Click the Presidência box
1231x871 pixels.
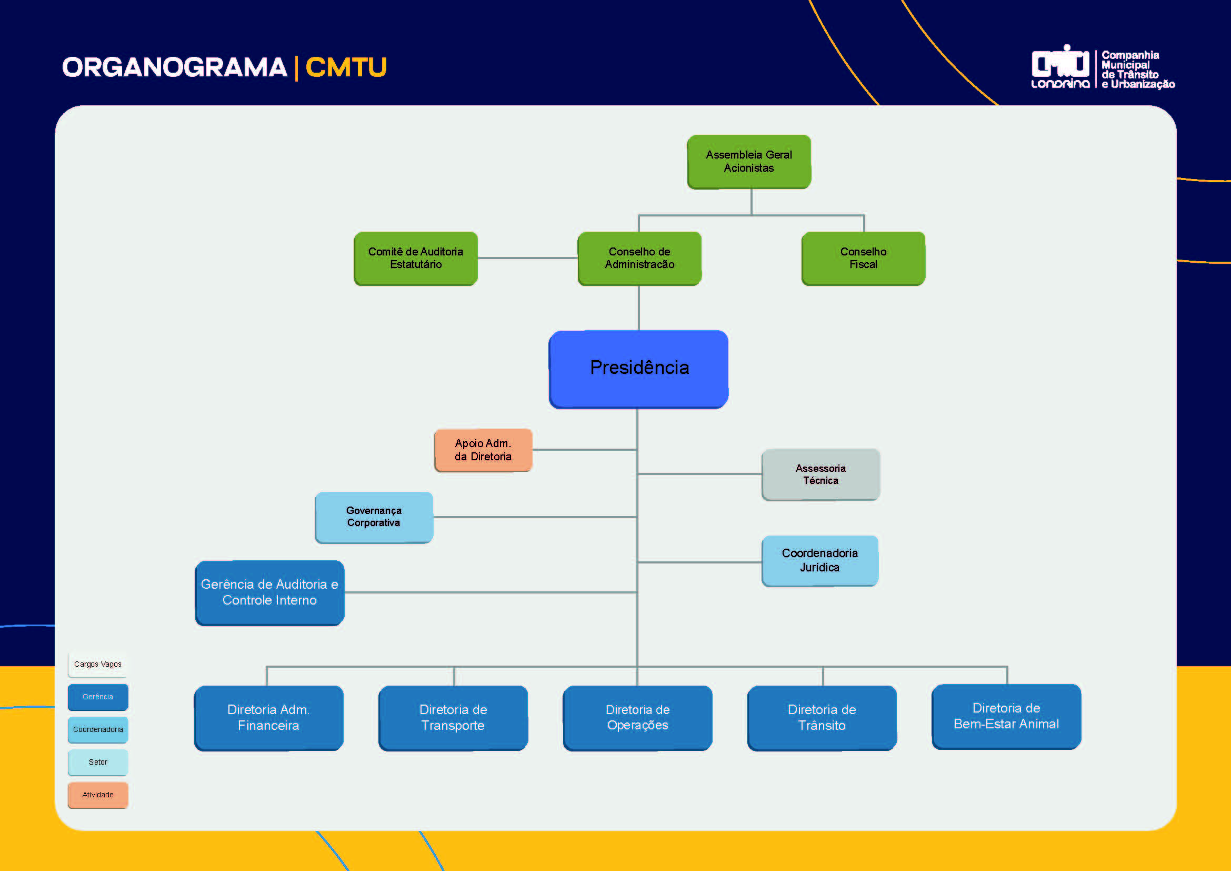click(638, 369)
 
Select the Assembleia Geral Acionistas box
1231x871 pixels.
click(749, 162)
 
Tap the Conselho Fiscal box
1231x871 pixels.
click(863, 258)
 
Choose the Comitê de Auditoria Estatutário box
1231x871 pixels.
click(416, 258)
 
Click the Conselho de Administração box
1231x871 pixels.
click(639, 258)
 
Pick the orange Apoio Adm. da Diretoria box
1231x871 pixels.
click(483, 450)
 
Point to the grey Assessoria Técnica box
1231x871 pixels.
click(820, 474)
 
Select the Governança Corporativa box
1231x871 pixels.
click(374, 517)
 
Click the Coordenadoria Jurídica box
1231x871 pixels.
click(820, 560)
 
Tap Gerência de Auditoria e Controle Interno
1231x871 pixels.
click(269, 592)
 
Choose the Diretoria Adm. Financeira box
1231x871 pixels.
click(268, 718)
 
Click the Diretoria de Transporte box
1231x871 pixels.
click(453, 718)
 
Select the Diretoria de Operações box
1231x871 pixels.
click(637, 718)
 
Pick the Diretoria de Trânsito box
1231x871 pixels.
click(822, 718)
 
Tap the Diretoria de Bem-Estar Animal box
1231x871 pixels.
click(1006, 716)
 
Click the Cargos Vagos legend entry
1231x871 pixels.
click(97, 665)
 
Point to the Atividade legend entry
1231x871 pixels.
click(97, 795)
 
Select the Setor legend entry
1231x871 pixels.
click(97, 762)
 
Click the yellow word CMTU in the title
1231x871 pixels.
click(346, 67)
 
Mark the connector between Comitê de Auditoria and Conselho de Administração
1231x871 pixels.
click(527, 258)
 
